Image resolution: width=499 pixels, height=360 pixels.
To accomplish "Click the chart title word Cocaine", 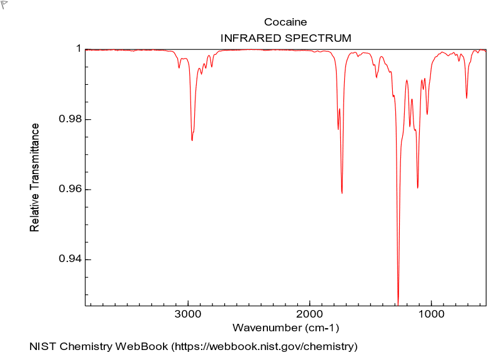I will tap(285, 23).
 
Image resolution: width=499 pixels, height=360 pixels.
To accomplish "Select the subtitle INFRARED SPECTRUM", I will tap(285, 38).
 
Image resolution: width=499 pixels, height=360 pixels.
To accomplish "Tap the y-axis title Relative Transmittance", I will tap(35, 178).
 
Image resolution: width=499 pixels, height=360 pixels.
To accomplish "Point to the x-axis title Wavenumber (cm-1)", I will tap(285, 328).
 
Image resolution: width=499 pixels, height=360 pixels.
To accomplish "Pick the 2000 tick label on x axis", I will tap(310, 315).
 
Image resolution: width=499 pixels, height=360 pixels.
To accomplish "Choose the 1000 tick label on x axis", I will tap(432, 315).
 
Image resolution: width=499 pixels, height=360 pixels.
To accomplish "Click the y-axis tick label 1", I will tap(79, 49).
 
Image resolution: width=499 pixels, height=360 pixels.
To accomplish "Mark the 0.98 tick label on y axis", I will tap(71, 119).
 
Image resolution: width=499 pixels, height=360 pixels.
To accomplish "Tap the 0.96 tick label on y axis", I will tap(71, 189).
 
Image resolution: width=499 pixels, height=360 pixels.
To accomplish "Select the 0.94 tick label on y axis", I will tap(71, 260).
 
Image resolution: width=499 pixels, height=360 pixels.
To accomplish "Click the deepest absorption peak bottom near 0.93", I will tap(398, 301).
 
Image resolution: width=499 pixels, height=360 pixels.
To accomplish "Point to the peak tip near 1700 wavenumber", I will tap(342, 193).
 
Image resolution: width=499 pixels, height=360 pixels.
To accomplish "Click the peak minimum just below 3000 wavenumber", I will tap(192, 140).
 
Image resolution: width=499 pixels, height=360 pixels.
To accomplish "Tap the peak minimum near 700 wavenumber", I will tap(467, 97).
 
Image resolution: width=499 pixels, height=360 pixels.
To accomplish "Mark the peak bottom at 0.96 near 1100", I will tap(417, 187).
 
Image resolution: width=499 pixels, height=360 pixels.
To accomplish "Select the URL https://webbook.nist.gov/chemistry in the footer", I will tap(264, 346).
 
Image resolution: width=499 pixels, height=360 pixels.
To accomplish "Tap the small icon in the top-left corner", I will tap(4, 4).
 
